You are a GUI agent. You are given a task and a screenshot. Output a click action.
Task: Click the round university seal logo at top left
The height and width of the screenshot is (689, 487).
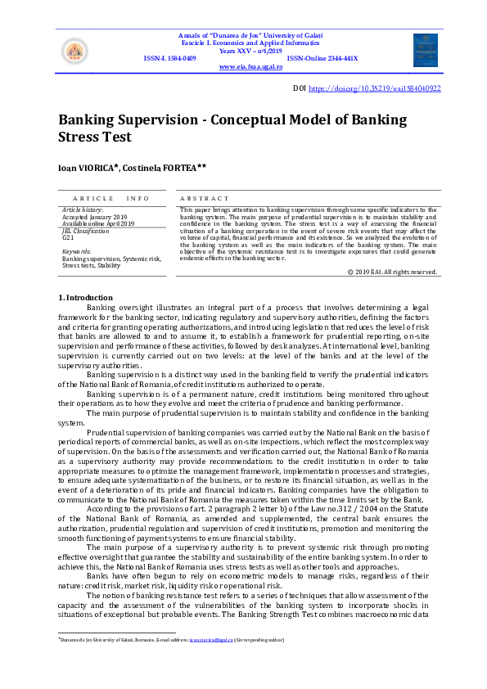74,51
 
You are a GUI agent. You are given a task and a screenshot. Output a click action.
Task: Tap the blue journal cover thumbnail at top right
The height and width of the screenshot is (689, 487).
425,50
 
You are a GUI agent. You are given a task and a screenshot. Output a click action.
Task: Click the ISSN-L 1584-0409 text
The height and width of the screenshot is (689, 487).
169,59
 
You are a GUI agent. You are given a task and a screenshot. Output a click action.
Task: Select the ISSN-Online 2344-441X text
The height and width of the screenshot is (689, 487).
322,59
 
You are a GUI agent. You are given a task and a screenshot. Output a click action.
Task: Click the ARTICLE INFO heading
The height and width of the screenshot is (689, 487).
111,199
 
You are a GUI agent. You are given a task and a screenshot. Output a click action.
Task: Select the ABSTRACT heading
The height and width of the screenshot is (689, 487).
204,199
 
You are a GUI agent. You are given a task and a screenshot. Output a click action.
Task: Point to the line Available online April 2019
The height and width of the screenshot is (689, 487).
98,223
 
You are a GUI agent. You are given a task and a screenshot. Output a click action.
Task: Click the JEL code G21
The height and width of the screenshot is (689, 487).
68,237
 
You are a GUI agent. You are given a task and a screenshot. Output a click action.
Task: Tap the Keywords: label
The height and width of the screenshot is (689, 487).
77,252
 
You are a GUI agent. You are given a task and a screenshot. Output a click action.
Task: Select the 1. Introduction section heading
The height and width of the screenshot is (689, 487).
85,296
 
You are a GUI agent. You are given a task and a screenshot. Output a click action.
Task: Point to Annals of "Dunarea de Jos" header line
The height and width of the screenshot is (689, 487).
251,35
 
